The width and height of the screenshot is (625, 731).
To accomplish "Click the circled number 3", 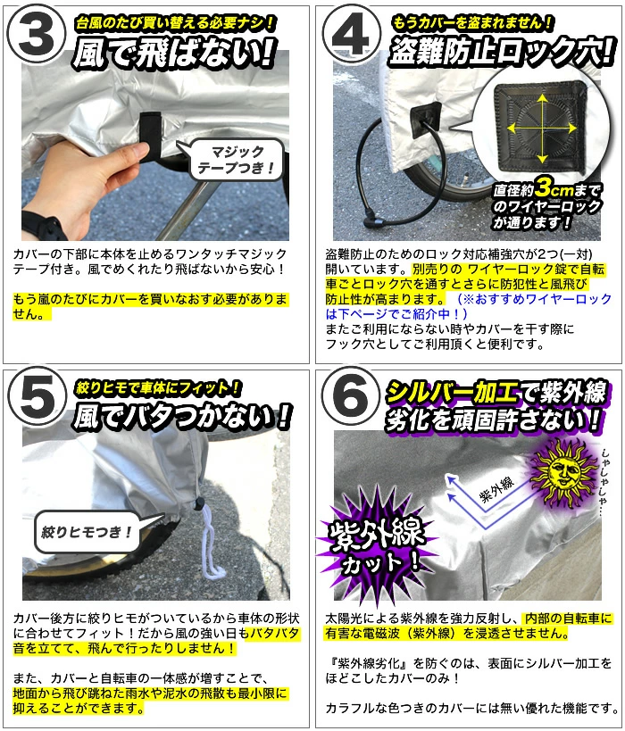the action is pos(37,37).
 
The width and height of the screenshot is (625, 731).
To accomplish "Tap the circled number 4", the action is pos(351,37).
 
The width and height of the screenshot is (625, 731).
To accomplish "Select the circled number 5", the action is pos(37,400).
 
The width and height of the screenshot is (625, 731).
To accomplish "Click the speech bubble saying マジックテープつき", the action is pos(237,160).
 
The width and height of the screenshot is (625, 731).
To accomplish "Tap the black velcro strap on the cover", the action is pos(152,135).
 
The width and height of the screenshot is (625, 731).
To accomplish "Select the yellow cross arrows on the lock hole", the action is pos(542,128).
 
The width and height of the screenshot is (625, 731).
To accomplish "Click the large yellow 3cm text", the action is pos(554,189).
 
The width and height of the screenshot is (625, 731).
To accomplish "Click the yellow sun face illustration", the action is pos(563,471).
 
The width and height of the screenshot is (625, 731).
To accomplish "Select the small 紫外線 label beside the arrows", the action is pos(497,489).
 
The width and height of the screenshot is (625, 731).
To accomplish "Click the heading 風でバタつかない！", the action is pos(182,415).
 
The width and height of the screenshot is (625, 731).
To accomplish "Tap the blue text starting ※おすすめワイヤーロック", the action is pos(469,306).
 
